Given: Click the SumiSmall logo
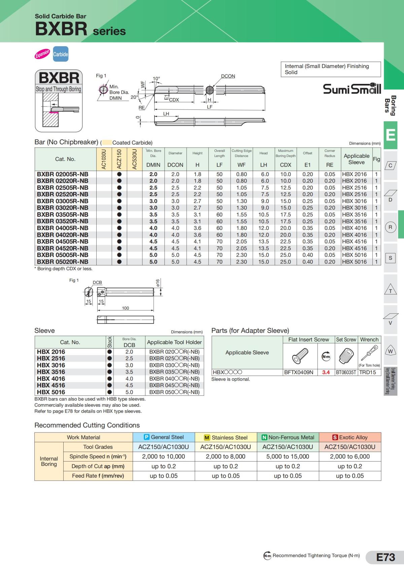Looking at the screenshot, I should pyautogui.click(x=352, y=89).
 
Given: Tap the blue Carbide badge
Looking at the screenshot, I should pyautogui.click(x=61, y=54).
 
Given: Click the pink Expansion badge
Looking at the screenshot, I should pyautogui.click(x=42, y=54).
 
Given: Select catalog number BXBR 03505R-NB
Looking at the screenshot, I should pyautogui.click(x=63, y=215).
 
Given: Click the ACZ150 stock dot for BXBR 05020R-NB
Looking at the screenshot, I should pyautogui.click(x=119, y=262).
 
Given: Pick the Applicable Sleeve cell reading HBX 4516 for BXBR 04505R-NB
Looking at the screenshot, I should pyautogui.click(x=355, y=242).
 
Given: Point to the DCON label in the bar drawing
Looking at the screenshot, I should pyautogui.click(x=228, y=76).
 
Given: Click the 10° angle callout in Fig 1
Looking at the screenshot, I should pyautogui.click(x=156, y=78).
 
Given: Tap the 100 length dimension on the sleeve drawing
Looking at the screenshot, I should pyautogui.click(x=125, y=308).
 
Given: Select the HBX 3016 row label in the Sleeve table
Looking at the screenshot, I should pyautogui.click(x=51, y=365).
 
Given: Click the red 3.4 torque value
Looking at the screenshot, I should pyautogui.click(x=326, y=372).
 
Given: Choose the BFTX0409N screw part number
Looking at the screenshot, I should pyautogui.click(x=299, y=372).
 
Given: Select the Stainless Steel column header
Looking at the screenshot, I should pyautogui.click(x=226, y=437).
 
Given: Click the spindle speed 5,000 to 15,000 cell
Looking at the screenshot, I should pyautogui.click(x=288, y=456).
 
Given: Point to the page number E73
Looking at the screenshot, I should pyautogui.click(x=385, y=557).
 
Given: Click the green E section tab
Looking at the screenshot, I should pyautogui.click(x=391, y=135).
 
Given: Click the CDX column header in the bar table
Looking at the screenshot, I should pyautogui.click(x=285, y=165).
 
